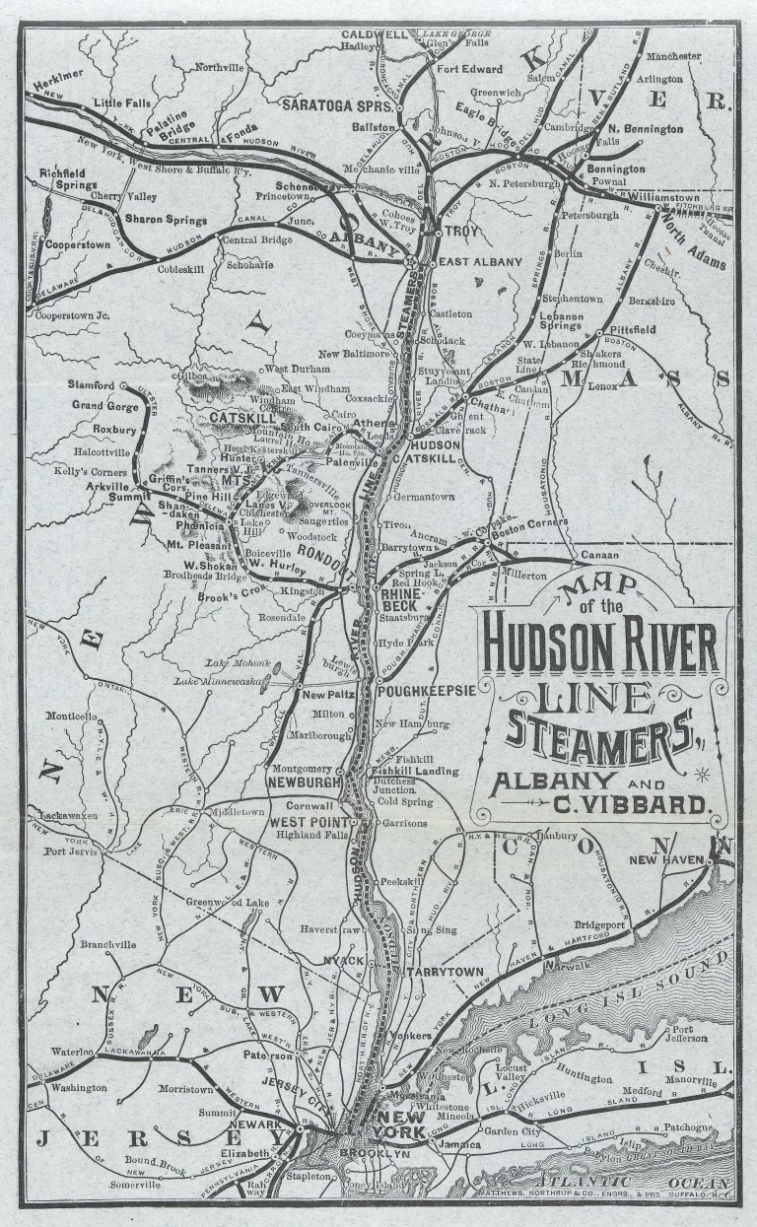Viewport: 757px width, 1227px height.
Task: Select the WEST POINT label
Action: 310,822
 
